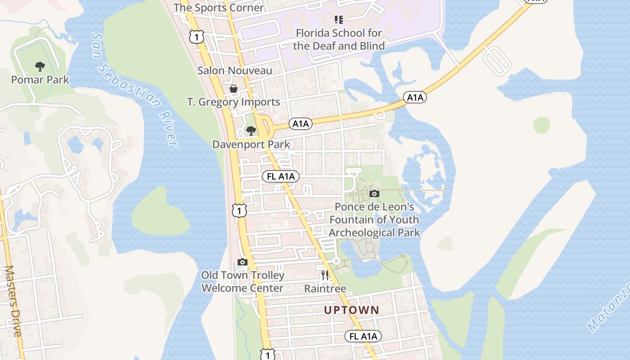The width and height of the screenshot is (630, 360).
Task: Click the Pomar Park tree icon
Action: coord(40,67)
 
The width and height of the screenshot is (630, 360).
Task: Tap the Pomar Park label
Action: coord(40,80)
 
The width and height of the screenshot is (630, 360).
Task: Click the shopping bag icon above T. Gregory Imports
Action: coord(234,89)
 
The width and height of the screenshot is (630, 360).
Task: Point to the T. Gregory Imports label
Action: coord(234,102)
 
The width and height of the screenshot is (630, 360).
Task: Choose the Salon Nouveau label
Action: coord(235,71)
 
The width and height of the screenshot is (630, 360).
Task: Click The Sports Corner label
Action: coord(219,8)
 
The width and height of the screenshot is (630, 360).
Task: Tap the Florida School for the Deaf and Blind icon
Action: coord(339,19)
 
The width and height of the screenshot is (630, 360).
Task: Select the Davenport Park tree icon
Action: coord(251,131)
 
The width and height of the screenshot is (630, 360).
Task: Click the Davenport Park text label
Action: coord(251,144)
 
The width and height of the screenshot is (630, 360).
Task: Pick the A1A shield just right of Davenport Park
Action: coord(301,124)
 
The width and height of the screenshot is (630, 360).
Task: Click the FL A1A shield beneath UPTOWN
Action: coord(363,336)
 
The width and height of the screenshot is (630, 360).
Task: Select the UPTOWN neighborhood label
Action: coord(352,310)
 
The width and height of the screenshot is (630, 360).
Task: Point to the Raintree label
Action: coord(325,288)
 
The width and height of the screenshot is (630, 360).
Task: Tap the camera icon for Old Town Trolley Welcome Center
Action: coord(243,262)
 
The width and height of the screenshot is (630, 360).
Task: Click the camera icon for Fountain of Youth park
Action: coord(374,194)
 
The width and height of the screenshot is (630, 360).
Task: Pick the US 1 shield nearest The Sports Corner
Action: coord(197,36)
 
